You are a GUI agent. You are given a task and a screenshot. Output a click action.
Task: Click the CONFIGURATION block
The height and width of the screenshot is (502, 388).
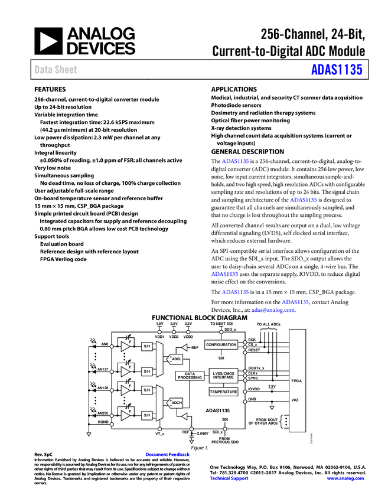221,344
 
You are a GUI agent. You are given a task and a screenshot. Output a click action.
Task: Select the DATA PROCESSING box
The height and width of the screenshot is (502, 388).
190,376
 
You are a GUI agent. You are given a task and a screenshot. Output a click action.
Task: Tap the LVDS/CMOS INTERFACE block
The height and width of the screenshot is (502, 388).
223,375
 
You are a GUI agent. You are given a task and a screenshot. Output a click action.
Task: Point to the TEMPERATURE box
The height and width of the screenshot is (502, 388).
223,392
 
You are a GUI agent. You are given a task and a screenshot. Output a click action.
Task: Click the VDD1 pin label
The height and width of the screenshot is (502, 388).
159,337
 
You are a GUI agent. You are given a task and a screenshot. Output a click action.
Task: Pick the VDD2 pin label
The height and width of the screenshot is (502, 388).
174,337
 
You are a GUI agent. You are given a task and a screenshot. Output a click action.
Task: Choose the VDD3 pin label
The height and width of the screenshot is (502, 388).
188,337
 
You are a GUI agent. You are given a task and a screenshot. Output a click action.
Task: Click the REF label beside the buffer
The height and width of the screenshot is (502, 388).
195,348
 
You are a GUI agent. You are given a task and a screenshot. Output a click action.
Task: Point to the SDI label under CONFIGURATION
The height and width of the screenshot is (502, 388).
221,358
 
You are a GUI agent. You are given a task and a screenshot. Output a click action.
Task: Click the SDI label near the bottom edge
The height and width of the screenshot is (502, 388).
224,419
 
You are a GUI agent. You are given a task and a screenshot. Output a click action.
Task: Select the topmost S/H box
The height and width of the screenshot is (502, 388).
147,346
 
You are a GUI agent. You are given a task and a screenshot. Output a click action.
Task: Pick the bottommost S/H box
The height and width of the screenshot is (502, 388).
147,415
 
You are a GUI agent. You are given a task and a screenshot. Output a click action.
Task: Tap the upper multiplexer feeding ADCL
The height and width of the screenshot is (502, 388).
159,358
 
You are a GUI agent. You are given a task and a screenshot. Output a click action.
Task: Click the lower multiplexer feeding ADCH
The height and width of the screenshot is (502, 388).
159,402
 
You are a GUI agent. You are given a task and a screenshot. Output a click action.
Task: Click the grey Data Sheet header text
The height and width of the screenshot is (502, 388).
56,70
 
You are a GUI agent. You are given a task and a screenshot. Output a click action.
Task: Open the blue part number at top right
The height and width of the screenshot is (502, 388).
337,70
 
